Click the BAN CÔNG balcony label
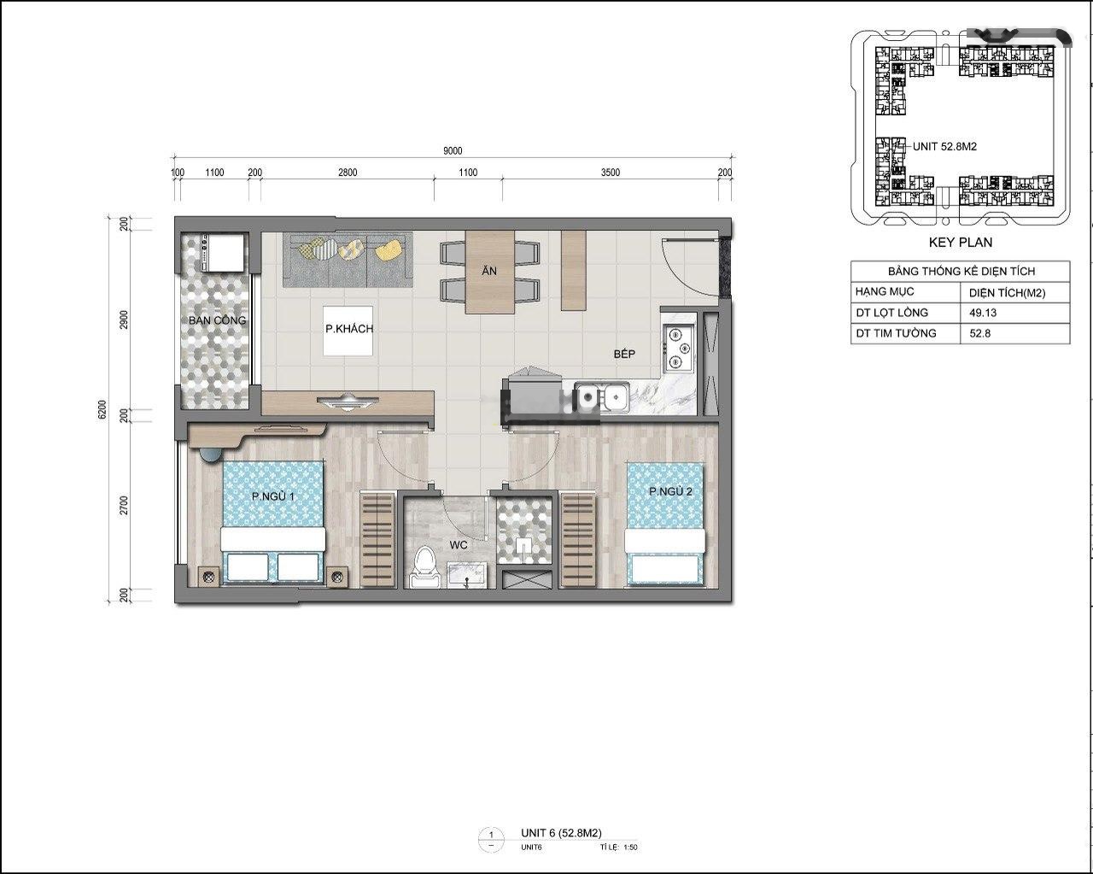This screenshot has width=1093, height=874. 217,320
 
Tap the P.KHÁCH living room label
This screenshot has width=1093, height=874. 349,329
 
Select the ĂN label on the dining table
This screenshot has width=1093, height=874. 489,271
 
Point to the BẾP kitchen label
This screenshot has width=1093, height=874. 624,354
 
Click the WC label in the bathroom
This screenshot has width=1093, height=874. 459,545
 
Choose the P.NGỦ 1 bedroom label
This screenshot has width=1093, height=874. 272,496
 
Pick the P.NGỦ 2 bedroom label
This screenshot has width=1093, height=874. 670,491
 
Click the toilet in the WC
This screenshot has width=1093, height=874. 424,567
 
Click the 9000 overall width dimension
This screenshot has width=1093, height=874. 453,150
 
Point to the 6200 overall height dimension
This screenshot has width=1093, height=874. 102,409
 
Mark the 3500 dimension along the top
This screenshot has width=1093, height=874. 610,173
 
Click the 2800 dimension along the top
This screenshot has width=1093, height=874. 348,173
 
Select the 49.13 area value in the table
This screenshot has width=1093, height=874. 983,313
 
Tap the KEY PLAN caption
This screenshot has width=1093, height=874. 961,243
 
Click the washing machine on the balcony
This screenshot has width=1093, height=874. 224,253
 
